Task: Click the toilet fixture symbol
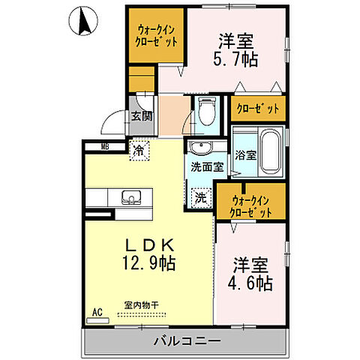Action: pyautogui.click(x=206, y=112)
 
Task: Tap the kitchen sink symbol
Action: pyautogui.click(x=130, y=198)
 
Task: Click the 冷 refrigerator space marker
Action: pyautogui.click(x=139, y=151)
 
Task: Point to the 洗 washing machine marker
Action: pyautogui.click(x=200, y=198)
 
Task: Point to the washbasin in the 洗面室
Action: pyautogui.click(x=200, y=147)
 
